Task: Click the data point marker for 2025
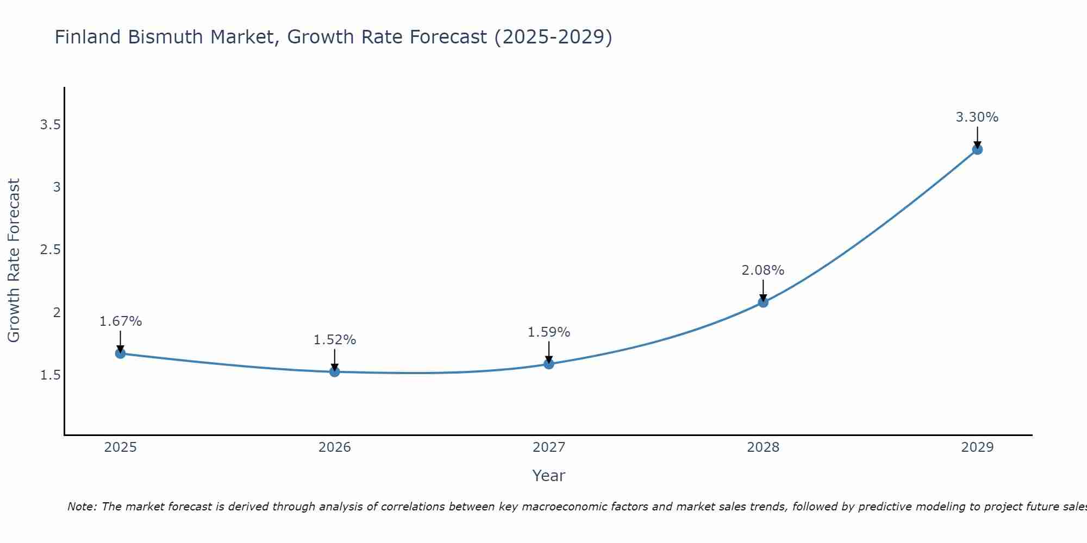click(x=121, y=353)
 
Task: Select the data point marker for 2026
click(x=335, y=372)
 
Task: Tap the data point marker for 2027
click(x=549, y=364)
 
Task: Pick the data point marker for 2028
click(x=763, y=302)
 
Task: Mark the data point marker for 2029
click(x=977, y=149)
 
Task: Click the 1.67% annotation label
click(x=121, y=321)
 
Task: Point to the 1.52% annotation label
click(x=335, y=340)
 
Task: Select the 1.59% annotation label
click(x=549, y=332)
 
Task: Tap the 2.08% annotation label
click(x=763, y=270)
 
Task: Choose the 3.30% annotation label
click(x=977, y=117)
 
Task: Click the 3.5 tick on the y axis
click(x=50, y=125)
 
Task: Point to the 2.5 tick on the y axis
click(x=50, y=250)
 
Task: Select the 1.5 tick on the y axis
click(x=50, y=375)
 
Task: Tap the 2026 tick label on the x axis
click(x=335, y=447)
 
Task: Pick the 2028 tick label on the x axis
click(x=763, y=447)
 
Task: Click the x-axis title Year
click(x=549, y=476)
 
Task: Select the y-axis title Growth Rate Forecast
click(x=14, y=261)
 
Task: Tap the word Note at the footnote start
click(x=82, y=507)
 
